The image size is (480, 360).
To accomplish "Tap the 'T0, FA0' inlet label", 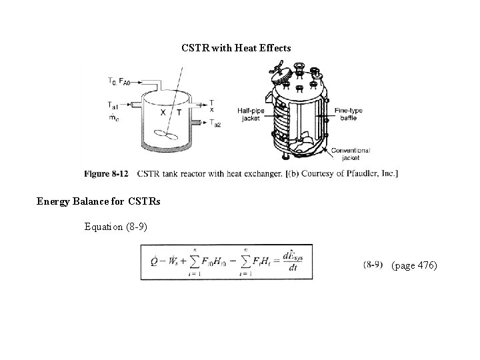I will click(x=119, y=81).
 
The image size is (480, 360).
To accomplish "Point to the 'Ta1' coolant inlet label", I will click(x=113, y=105).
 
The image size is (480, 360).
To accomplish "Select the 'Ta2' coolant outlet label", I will click(x=215, y=123).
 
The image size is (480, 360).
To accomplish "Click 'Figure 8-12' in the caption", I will click(x=106, y=174).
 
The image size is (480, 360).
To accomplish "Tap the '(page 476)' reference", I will click(x=414, y=265).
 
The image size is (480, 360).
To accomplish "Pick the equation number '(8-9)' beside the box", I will click(x=373, y=265).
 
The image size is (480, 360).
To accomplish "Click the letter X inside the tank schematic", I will click(x=163, y=113).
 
